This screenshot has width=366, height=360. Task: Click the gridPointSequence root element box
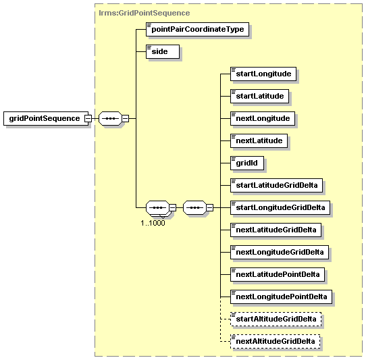tap(46, 118)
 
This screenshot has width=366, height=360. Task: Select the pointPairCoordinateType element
tap(197, 29)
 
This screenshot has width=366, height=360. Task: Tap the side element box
tap(163, 51)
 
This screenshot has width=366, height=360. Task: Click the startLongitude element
tap(263, 74)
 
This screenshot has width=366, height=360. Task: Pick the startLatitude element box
tap(259, 96)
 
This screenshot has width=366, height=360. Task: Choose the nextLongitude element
tap(263, 118)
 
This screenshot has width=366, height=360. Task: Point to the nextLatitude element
tap(259, 140)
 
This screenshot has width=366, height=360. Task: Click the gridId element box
tap(247, 163)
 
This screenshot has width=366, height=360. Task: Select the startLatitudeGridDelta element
tap(277, 185)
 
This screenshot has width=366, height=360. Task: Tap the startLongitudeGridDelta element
tap(280, 207)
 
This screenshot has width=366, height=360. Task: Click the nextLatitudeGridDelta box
tap(276, 230)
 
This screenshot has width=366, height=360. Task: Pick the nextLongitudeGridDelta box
tap(280, 252)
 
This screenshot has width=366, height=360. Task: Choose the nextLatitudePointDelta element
tap(278, 274)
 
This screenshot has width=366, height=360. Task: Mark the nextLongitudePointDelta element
tap(281, 297)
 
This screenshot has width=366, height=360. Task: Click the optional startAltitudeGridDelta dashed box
tap(276, 319)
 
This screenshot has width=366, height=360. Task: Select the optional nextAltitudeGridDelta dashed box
tap(276, 341)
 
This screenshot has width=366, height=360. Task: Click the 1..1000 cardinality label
tap(153, 223)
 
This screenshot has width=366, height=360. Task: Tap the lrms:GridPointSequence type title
tap(145, 13)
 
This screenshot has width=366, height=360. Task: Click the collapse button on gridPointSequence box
tap(88, 118)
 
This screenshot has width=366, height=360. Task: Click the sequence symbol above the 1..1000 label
tap(157, 207)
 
